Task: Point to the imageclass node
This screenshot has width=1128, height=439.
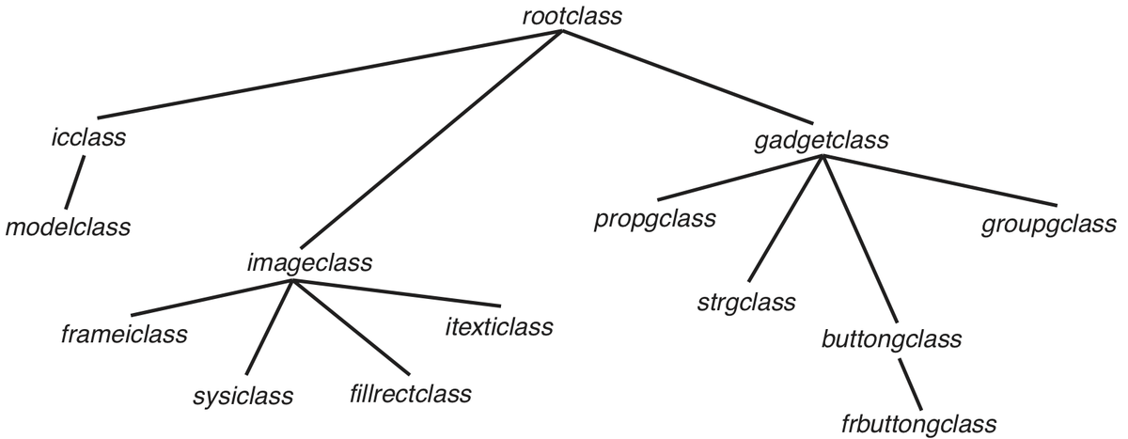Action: coord(309,262)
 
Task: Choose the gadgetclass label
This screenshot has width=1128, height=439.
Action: coord(822,140)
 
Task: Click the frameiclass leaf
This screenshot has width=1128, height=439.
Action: coord(124,333)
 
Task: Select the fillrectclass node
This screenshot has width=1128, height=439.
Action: coord(403,392)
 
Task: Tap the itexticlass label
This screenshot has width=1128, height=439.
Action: coord(498,327)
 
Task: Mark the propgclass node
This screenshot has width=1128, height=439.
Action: coord(655,220)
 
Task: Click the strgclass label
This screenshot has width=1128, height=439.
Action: coord(747,303)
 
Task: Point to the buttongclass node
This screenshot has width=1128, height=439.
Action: coord(891,337)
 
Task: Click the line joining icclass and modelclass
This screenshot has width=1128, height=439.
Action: coord(75,183)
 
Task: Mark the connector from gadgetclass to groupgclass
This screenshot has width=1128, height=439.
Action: coord(935,180)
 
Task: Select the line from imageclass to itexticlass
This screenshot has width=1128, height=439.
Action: coord(395,292)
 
